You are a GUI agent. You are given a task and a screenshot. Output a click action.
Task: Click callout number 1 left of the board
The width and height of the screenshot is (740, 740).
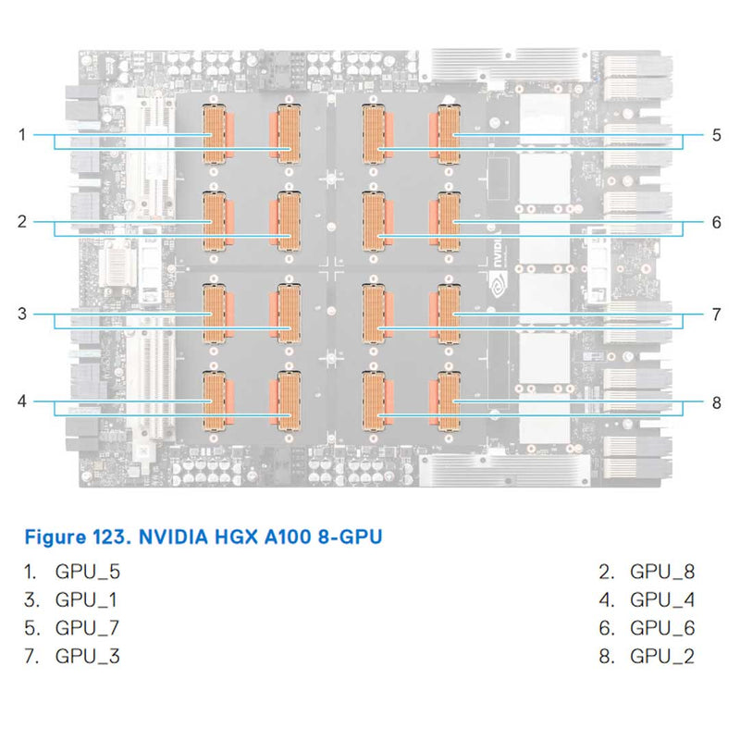pyautogui.click(x=21, y=135)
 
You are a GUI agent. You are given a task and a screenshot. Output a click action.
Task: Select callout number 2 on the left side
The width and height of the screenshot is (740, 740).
pyautogui.click(x=21, y=222)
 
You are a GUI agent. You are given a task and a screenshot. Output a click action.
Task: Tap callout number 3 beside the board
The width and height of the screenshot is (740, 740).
pyautogui.click(x=21, y=314)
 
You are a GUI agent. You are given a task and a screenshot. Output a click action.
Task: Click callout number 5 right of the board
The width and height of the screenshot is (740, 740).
pyautogui.click(x=716, y=135)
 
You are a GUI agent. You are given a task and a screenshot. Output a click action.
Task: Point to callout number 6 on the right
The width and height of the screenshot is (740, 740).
pyautogui.click(x=716, y=222)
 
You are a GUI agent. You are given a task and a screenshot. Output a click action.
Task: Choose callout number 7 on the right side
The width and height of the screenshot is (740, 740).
pyautogui.click(x=716, y=314)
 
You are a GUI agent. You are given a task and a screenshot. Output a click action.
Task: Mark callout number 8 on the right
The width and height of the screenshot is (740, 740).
pyautogui.click(x=716, y=401)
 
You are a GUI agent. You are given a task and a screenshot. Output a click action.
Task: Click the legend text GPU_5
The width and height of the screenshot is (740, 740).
pyautogui.click(x=88, y=571)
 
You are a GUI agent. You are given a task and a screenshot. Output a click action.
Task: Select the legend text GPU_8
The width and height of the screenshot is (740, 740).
pyautogui.click(x=662, y=571)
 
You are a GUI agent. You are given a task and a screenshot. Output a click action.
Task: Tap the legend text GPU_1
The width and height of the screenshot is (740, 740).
pyautogui.click(x=87, y=599)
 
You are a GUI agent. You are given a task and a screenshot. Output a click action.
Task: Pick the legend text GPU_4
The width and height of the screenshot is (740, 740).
pyautogui.click(x=662, y=599)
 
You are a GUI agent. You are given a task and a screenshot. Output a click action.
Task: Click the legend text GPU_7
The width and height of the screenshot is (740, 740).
pyautogui.click(x=88, y=628)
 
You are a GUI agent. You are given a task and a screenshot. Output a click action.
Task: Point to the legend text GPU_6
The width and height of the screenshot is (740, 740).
pyautogui.click(x=662, y=628)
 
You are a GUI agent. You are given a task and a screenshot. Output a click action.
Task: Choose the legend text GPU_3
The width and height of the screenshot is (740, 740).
pyautogui.click(x=88, y=657)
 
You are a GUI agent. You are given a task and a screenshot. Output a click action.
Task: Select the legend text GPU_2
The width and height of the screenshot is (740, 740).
pyautogui.click(x=662, y=657)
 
